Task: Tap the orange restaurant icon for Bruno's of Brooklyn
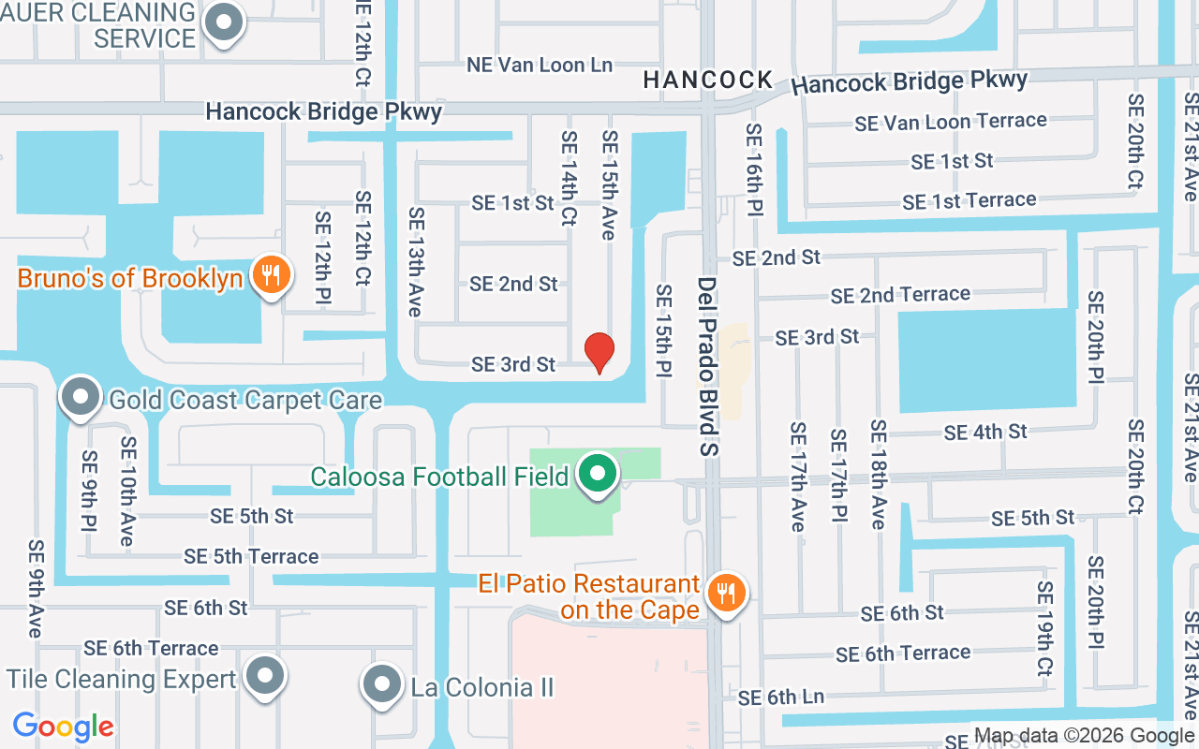click(x=271, y=275)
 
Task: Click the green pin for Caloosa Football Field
click(x=596, y=474)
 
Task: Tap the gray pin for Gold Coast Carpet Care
click(x=81, y=397)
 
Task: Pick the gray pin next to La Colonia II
click(x=381, y=684)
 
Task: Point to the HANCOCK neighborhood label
click(x=708, y=81)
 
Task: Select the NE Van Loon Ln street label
click(x=540, y=65)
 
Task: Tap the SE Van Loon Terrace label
click(x=950, y=122)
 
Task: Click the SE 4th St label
click(x=985, y=432)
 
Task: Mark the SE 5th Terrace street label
click(x=251, y=556)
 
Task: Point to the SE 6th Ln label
click(x=781, y=697)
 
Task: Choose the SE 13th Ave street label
click(x=416, y=262)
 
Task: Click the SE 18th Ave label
click(x=879, y=474)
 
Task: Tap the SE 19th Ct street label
click(x=1044, y=628)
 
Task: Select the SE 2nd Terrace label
click(x=900, y=295)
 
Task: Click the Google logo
click(x=64, y=726)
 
